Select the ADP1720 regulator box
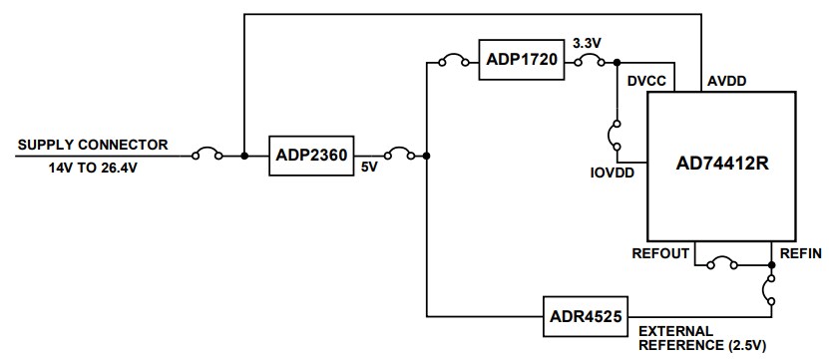click(x=521, y=61)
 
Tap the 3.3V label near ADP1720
click(x=587, y=44)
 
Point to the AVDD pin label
click(x=727, y=80)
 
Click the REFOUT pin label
click(x=660, y=252)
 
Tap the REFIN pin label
click(x=802, y=252)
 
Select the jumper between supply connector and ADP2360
click(x=207, y=154)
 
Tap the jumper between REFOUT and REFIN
click(x=720, y=264)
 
